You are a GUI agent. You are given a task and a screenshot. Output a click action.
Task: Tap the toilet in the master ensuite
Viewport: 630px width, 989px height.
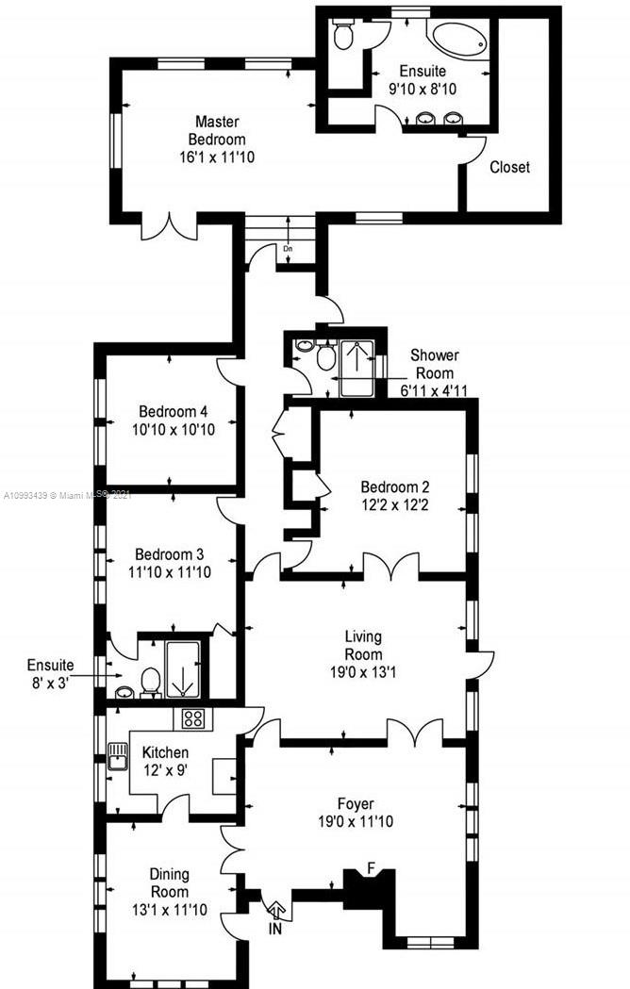342,36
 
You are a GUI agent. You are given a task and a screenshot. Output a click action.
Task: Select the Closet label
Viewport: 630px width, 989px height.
509,167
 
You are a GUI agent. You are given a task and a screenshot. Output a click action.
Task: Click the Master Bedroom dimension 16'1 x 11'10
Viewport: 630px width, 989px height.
217,157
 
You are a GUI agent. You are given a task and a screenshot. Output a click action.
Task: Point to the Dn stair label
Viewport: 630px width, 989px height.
288,249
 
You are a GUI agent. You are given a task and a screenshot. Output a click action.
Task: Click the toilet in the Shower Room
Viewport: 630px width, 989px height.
325,356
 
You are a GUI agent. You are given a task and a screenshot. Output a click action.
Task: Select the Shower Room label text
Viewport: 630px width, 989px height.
435,364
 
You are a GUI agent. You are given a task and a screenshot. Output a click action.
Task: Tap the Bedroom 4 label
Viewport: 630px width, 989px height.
173,412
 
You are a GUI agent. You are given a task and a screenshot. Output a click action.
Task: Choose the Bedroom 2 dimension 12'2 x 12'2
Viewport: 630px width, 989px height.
394,505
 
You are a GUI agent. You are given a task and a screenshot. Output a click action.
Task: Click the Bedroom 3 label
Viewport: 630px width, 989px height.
169,554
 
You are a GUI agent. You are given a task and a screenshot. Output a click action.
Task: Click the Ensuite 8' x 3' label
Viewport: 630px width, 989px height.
51,673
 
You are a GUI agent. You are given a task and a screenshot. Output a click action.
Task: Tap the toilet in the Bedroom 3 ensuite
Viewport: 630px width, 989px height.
150,683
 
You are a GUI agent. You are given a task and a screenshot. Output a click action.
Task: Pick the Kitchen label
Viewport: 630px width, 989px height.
165,752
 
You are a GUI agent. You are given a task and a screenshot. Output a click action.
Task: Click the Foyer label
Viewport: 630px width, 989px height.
356,804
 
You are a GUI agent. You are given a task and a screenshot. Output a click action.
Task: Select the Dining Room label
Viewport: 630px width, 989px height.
169,883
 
